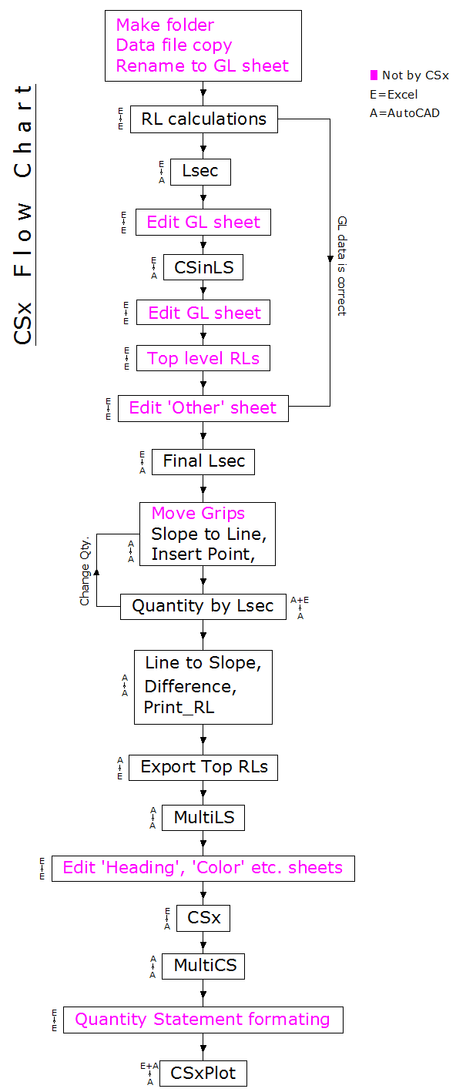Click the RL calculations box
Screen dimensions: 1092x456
tap(203, 119)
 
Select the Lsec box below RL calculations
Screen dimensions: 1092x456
tap(200, 172)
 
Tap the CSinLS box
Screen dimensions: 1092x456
tap(203, 268)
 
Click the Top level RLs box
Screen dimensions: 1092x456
tap(203, 359)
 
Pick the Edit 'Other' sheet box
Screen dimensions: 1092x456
tap(202, 408)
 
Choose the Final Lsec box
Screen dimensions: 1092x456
tap(203, 462)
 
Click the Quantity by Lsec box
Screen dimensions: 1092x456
tap(203, 606)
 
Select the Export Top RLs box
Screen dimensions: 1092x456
tap(203, 767)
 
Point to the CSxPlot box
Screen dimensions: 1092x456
tap(203, 1073)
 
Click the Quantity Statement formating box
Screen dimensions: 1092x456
tap(203, 1020)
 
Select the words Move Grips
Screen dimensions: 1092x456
tap(198, 514)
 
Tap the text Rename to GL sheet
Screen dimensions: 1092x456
tap(203, 66)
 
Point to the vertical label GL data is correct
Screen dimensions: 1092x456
tap(342, 266)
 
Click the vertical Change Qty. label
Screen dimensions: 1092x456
tap(85, 569)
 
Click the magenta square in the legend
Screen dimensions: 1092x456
tap(374, 75)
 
